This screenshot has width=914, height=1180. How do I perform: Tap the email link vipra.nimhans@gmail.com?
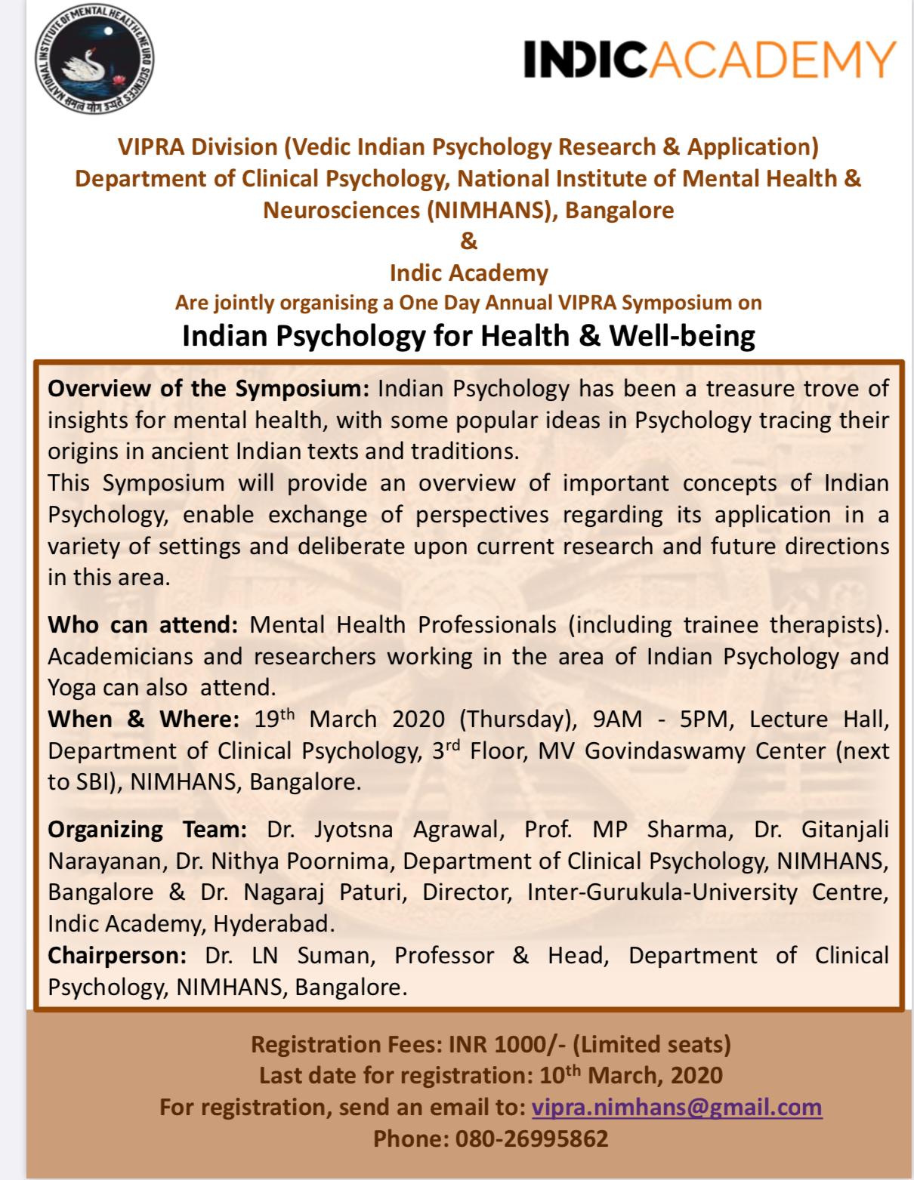click(677, 1107)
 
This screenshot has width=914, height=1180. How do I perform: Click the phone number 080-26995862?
click(531, 1138)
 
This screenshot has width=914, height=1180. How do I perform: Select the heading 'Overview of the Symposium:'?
click(208, 389)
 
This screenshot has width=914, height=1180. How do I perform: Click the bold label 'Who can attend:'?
click(144, 625)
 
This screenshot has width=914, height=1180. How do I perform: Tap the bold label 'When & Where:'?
click(144, 719)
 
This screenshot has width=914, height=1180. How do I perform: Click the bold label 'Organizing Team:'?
click(147, 829)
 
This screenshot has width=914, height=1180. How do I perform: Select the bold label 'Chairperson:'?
click(117, 955)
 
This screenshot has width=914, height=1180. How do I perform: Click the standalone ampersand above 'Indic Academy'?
click(468, 242)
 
